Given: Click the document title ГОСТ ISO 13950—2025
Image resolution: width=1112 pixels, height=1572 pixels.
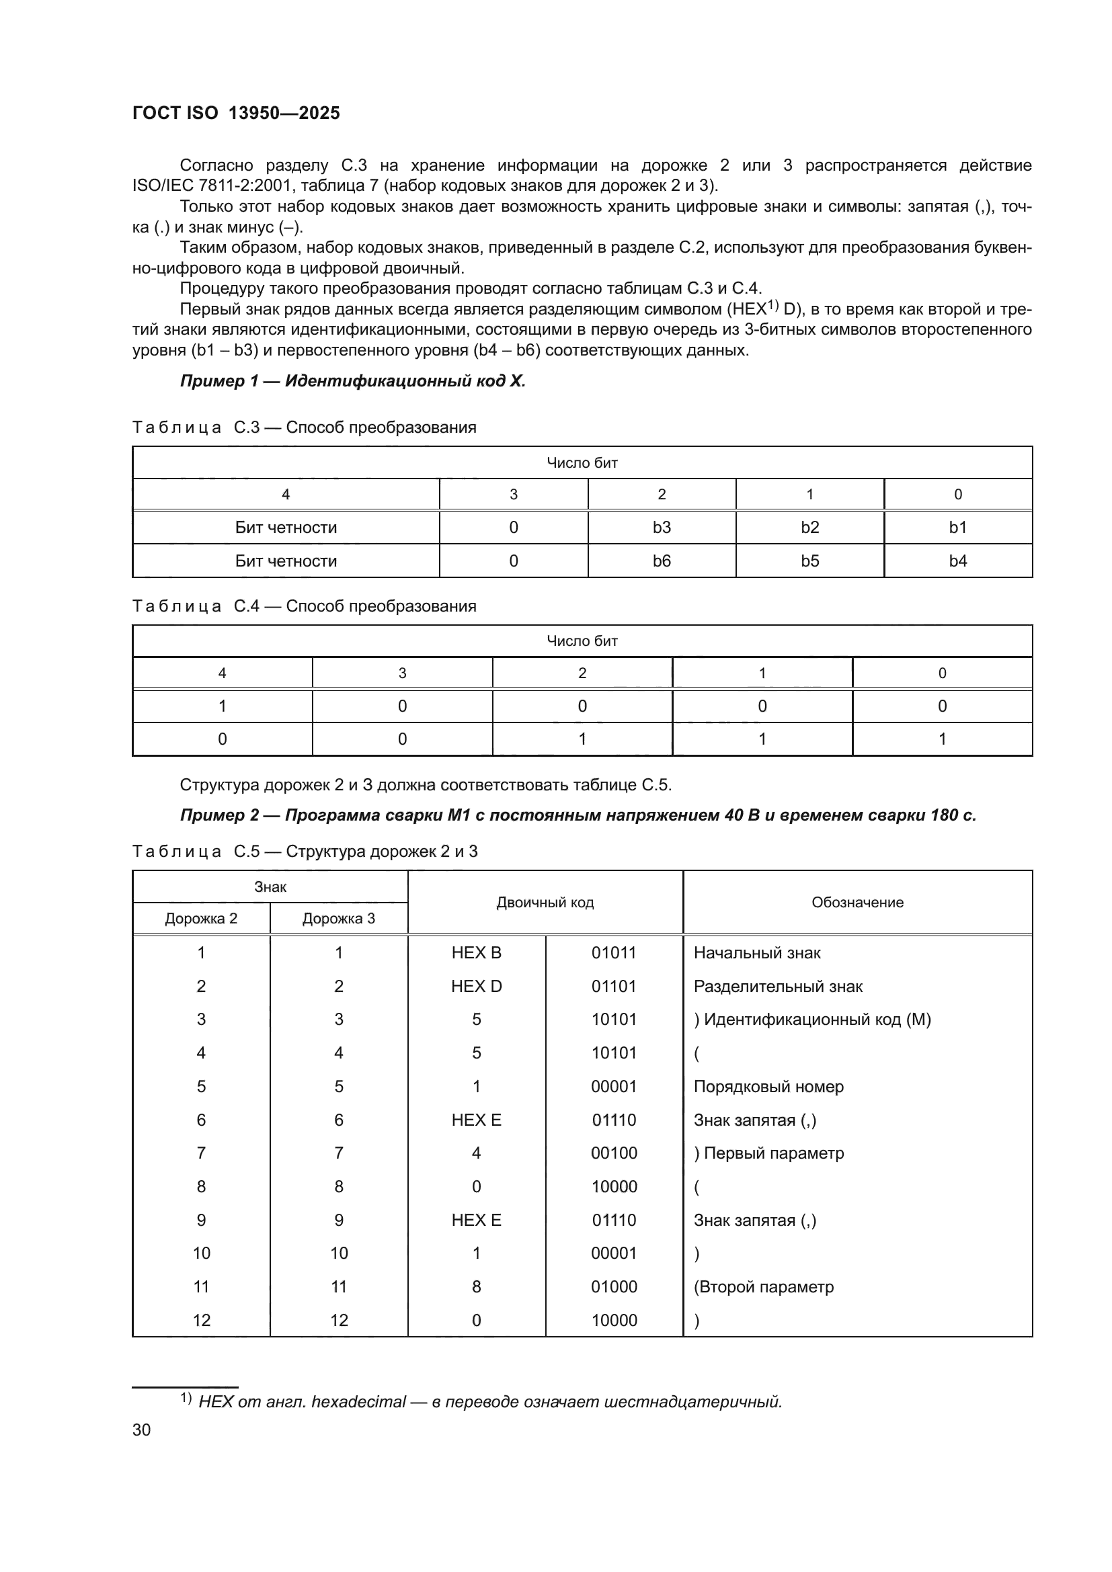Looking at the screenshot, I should [x=235, y=113].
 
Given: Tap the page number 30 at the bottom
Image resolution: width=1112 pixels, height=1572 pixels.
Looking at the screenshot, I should [x=141, y=1430].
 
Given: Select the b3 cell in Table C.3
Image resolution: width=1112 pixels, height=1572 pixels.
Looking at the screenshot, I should [x=662, y=527].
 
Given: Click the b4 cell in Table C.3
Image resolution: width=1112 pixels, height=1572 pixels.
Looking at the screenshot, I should [x=957, y=561].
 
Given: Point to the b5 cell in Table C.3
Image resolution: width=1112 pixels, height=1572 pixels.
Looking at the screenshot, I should [x=809, y=561].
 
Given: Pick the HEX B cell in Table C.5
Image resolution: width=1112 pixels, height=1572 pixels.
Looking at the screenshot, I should [x=476, y=952].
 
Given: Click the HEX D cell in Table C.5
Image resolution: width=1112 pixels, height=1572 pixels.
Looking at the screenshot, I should [x=476, y=986].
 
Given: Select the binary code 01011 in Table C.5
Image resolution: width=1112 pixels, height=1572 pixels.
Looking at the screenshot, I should [x=614, y=952].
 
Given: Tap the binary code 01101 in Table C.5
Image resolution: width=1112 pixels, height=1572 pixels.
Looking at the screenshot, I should [x=614, y=986].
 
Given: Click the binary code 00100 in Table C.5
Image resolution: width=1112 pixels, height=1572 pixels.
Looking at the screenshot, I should [x=614, y=1153].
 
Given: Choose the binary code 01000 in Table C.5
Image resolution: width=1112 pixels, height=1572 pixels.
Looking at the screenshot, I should [x=614, y=1286].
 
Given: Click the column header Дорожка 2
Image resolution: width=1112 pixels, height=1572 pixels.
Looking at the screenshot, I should [x=200, y=918].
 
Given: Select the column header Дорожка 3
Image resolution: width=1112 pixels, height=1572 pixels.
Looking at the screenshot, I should [x=338, y=918].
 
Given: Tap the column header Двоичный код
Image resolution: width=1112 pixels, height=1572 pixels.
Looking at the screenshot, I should [x=545, y=903].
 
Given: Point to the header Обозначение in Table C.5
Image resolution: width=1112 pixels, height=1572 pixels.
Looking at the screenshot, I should [x=857, y=903].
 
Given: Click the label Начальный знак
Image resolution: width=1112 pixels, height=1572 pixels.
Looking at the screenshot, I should [x=756, y=952].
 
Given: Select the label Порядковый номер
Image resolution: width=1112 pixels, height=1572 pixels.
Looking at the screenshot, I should [x=768, y=1087].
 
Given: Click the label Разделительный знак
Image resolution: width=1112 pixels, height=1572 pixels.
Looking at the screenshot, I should [x=778, y=986].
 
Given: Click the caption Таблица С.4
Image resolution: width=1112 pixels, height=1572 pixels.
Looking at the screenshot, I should [x=195, y=606].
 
